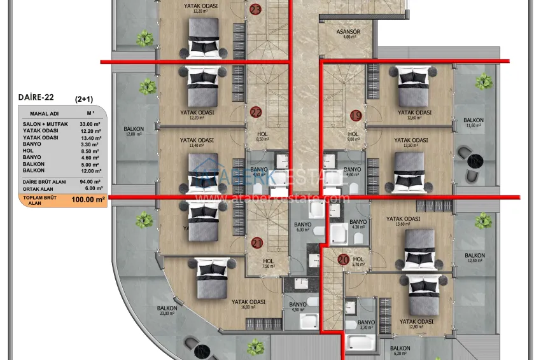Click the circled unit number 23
255,10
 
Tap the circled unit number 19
356,115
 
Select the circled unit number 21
257,242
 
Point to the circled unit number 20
343,259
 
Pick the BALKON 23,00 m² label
167,310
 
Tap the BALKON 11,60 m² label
473,122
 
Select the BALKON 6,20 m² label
400,350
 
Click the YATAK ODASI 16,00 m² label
248,304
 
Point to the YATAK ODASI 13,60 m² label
404,221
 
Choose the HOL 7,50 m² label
269,263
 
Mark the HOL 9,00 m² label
353,137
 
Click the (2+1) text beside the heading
83,99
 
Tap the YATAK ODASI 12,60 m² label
414,114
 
